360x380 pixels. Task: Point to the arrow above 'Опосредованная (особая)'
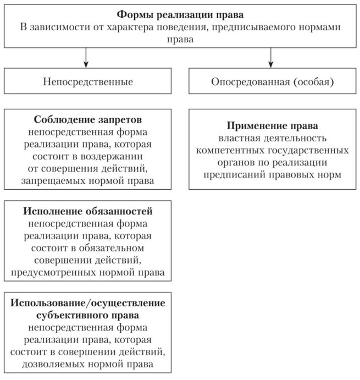point(272,58)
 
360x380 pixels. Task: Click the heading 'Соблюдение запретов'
point(88,120)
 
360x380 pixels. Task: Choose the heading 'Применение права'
point(272,125)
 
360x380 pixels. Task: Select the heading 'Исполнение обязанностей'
point(88,212)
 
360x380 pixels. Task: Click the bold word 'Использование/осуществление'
point(87,303)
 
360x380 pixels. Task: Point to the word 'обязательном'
point(123,248)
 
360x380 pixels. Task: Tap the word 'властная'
point(237,137)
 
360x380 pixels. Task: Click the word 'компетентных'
point(226,150)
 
